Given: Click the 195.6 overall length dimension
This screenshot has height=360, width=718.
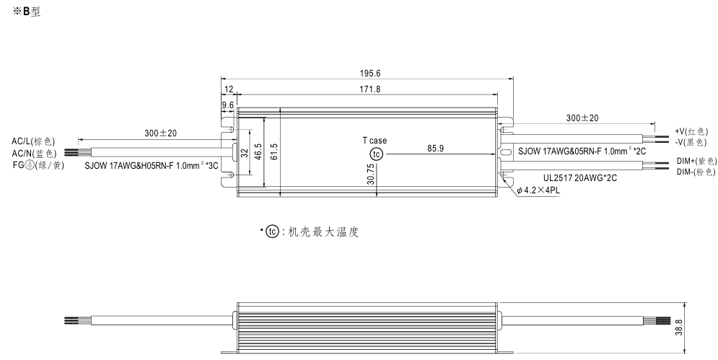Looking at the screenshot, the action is pyautogui.click(x=370, y=74).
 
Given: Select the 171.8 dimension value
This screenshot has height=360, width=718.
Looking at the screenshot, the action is pyautogui.click(x=370, y=89).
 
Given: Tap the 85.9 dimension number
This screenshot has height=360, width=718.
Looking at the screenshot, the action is pyautogui.click(x=435, y=149).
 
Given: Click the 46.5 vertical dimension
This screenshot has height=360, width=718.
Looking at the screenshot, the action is pyautogui.click(x=258, y=152).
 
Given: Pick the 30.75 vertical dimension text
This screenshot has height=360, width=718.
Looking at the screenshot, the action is pyautogui.click(x=371, y=175).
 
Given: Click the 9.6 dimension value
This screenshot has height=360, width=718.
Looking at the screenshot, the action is pyautogui.click(x=227, y=105).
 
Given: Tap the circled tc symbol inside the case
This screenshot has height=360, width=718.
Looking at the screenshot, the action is pyautogui.click(x=377, y=154).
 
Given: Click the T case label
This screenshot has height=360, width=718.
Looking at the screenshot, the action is pyautogui.click(x=375, y=141).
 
